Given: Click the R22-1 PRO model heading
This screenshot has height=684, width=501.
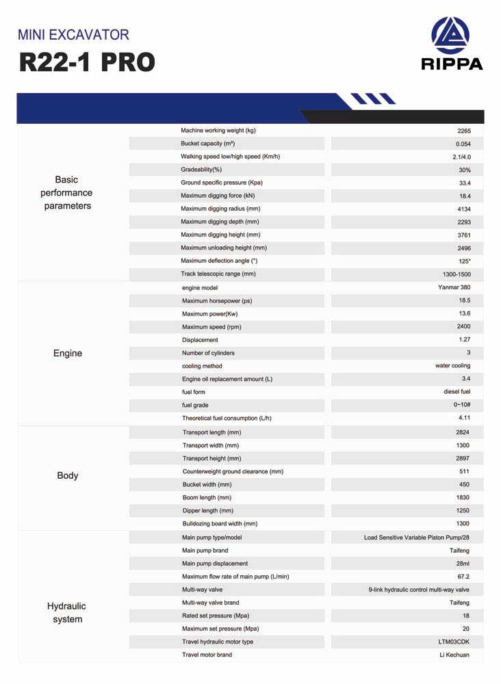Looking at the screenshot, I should (87, 62).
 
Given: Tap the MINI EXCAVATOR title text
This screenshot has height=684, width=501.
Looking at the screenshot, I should (73, 34).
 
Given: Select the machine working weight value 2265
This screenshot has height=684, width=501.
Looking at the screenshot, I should (464, 131).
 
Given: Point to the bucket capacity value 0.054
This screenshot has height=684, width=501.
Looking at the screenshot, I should (463, 144).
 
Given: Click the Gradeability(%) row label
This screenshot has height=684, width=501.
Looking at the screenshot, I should (201, 170).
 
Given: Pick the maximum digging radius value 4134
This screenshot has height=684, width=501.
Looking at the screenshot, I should (464, 209).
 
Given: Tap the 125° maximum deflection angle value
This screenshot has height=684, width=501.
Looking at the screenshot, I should (465, 261).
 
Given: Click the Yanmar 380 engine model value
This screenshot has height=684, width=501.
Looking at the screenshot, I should (454, 287).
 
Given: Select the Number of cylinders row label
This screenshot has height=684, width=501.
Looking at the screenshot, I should (208, 353).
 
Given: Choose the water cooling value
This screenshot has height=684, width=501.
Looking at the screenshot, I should (452, 366).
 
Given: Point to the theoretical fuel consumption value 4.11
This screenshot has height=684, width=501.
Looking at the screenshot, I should (464, 417).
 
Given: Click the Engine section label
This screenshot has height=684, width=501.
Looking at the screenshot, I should (68, 354).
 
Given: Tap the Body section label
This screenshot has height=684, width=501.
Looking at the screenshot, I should (68, 475).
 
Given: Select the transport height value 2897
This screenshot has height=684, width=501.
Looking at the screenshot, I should (463, 458).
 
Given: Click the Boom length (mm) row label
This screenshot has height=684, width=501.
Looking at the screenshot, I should (207, 497).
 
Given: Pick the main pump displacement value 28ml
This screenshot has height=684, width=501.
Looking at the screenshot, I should (463, 564).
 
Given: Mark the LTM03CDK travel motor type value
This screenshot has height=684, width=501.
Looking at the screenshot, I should (454, 642).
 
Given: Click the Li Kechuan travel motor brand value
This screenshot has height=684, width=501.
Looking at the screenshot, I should (454, 655).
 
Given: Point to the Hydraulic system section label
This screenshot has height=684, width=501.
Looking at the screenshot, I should (67, 613).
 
